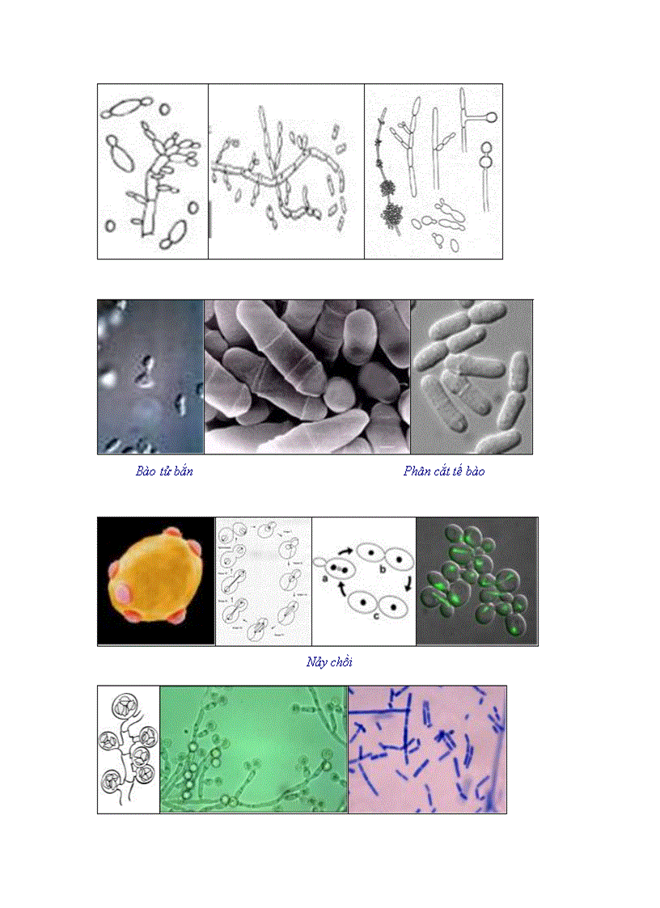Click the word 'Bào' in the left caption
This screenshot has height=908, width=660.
[146, 471]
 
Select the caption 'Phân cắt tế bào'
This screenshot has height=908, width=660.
[444, 471]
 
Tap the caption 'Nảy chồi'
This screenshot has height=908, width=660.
[329, 662]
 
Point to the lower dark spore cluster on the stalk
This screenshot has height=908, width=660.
[393, 215]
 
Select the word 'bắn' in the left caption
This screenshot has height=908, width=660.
[183, 471]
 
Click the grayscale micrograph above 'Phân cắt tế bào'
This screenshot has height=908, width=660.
[472, 376]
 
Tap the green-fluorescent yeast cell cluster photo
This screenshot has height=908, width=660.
[476, 581]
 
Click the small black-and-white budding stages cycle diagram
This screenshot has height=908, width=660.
[263, 581]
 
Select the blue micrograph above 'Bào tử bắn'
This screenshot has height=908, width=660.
[150, 376]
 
